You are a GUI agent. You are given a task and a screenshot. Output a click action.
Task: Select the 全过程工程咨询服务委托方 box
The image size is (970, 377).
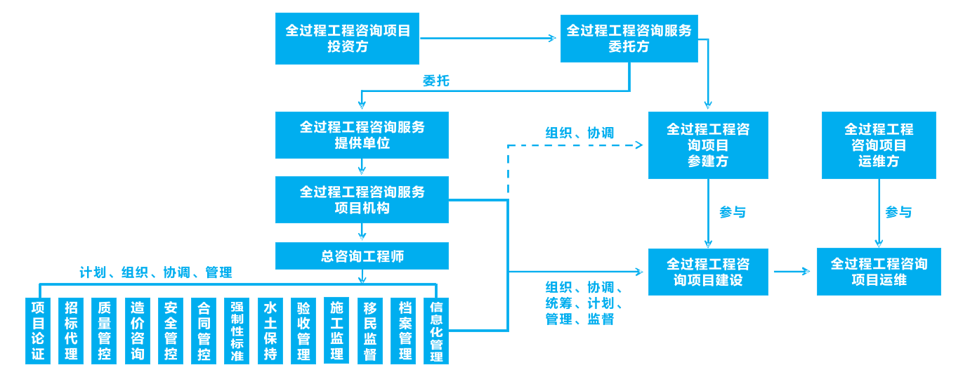[629, 38]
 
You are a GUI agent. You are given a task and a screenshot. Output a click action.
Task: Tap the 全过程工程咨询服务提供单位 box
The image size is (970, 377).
[362, 135]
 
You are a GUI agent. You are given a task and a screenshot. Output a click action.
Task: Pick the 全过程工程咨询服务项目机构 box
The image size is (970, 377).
[362, 199]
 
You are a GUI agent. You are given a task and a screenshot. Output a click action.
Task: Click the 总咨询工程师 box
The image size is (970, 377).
[362, 256]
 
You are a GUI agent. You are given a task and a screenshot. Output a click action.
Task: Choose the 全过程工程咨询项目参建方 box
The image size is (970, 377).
[707, 145]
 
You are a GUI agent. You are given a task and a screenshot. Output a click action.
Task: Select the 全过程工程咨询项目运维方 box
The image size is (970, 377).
[879, 145]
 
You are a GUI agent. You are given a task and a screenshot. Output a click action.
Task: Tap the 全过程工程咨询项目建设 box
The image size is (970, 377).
[707, 272]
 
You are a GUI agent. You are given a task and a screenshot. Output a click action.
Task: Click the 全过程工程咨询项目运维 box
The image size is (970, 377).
[879, 272]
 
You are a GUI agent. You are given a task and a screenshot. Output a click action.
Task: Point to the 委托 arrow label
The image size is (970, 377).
[435, 81]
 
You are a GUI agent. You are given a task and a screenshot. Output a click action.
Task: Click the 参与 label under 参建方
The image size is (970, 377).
[732, 212]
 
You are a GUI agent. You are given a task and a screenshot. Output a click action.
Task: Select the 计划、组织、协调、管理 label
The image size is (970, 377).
[155, 272]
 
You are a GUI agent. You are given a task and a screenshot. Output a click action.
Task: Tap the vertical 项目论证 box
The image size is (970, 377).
[38, 331]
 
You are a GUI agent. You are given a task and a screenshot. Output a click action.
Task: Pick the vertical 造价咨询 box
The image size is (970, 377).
[138, 331]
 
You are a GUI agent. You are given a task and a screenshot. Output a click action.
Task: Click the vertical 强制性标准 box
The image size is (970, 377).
[237, 331]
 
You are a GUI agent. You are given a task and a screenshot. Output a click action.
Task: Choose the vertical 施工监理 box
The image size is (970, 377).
[336, 331]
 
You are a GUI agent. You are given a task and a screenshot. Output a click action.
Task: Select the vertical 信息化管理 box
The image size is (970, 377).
[436, 331]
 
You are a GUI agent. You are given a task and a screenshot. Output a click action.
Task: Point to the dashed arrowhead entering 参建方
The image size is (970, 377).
[638, 145]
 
